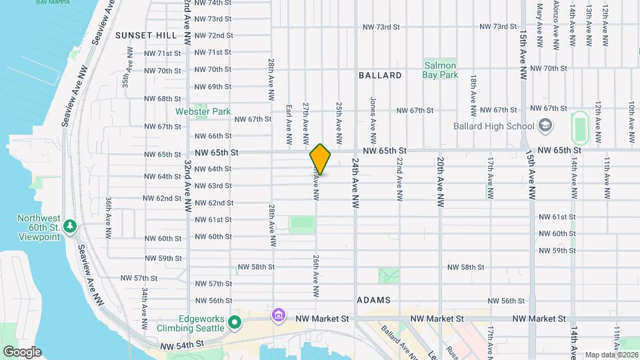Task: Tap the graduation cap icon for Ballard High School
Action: (545, 125)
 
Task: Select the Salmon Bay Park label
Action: (439, 70)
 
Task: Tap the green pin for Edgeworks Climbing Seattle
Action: (234, 323)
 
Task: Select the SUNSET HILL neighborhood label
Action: (145, 35)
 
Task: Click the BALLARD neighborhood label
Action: (380, 75)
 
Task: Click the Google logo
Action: (22, 351)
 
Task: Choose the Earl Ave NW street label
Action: (289, 124)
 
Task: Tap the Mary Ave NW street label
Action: (539, 20)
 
